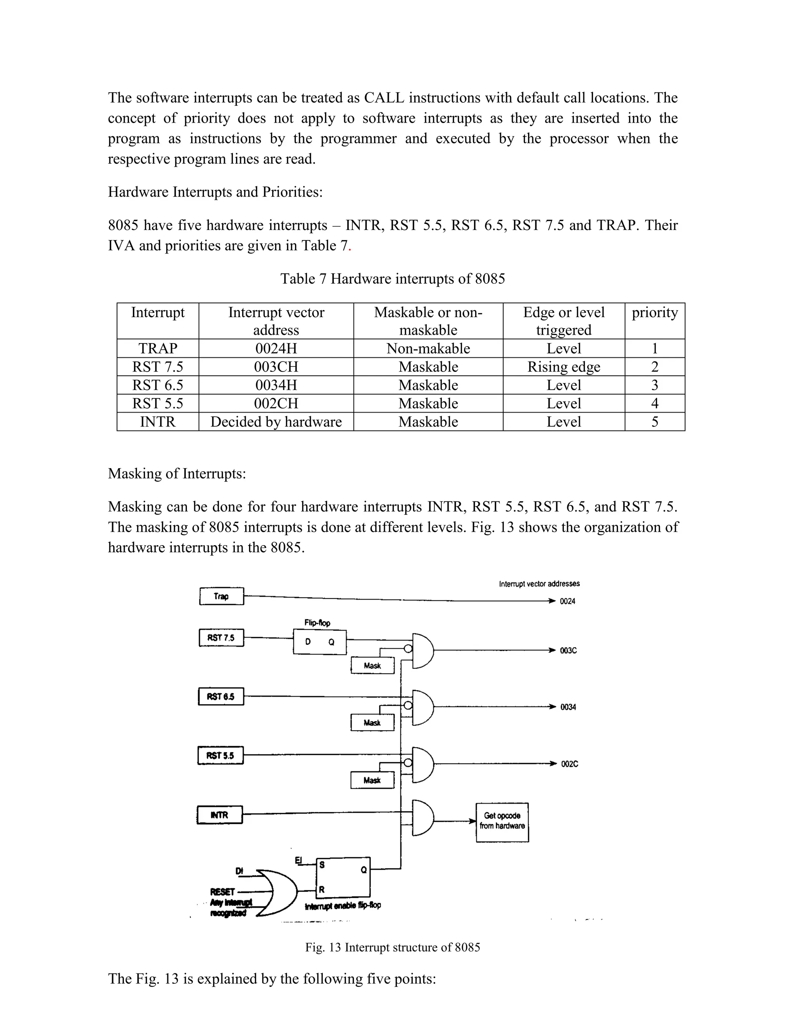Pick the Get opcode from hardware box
[x=502, y=822]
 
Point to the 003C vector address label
[x=568, y=650]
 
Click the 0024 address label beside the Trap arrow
[x=567, y=601]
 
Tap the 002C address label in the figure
[x=569, y=764]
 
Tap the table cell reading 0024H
[x=276, y=349]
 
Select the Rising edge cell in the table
[x=563, y=367]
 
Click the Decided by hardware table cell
[x=276, y=421]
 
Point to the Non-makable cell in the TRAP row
[x=428, y=349]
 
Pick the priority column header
[x=654, y=312]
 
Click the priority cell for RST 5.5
[x=654, y=403]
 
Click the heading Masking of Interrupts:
[x=177, y=473]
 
